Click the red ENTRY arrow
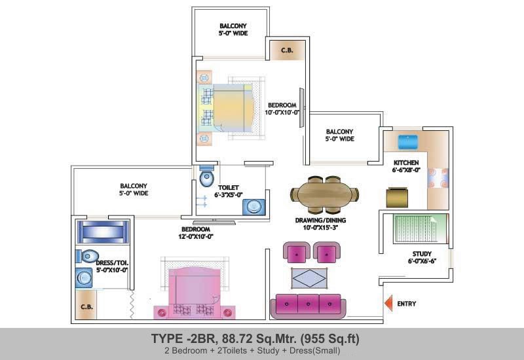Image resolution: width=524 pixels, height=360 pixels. click(x=388, y=304)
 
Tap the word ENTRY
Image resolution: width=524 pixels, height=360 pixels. click(x=407, y=304)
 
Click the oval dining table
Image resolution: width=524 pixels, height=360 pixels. click(x=325, y=194)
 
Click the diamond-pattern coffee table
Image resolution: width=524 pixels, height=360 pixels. click(x=311, y=278)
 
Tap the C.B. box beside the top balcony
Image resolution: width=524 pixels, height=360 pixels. click(x=286, y=50)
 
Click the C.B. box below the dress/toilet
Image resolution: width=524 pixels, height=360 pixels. click(x=85, y=308)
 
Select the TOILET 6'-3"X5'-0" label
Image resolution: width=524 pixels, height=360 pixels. click(x=230, y=190)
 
